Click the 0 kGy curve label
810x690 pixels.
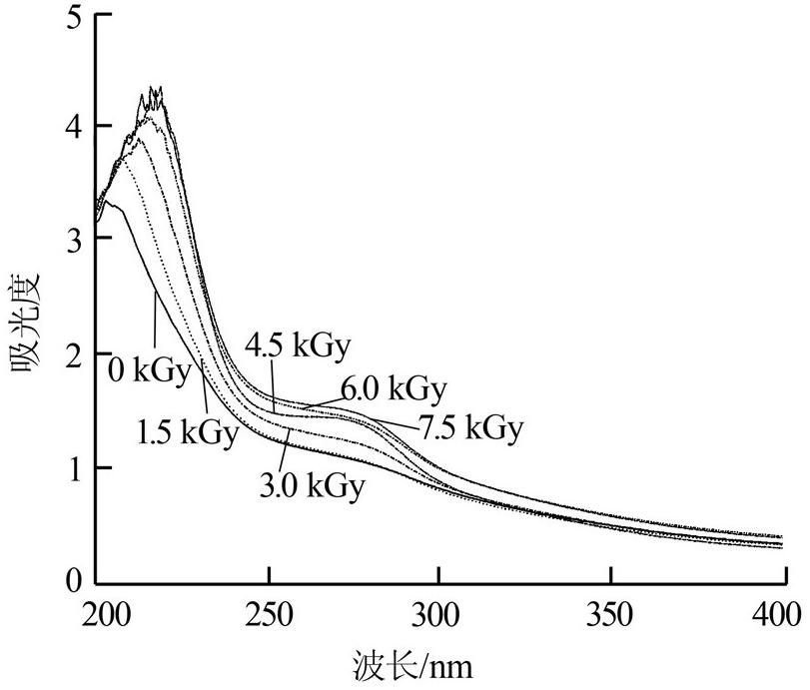pyautogui.click(x=149, y=370)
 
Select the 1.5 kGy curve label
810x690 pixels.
pyautogui.click(x=188, y=433)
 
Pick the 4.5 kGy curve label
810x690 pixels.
pyautogui.click(x=299, y=347)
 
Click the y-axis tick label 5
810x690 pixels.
pyautogui.click(x=73, y=17)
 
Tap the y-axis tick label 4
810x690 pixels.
pyautogui.click(x=73, y=127)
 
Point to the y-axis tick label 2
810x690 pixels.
pyautogui.click(x=73, y=354)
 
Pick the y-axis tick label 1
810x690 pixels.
pyautogui.click(x=73, y=468)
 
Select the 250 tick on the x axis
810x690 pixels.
pyautogui.click(x=270, y=613)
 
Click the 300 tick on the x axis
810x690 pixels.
pyautogui.click(x=439, y=613)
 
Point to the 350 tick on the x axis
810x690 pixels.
pyautogui.click(x=609, y=613)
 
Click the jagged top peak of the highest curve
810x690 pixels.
pyautogui.click(x=155, y=93)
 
